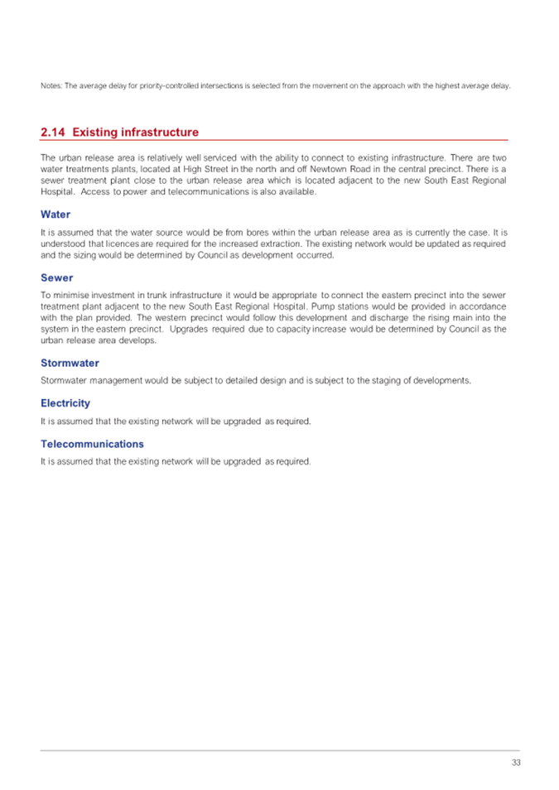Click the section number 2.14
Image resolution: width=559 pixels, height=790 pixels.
point(53,132)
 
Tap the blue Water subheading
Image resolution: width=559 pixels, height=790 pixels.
point(55,214)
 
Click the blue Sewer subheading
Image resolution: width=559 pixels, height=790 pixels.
point(57,278)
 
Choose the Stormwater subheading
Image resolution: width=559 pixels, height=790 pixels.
point(70,363)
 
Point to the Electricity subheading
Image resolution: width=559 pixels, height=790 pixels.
point(65,403)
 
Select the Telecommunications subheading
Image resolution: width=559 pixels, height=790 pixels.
point(92,444)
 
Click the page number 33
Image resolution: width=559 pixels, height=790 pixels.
point(516,763)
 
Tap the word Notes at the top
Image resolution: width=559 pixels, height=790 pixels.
point(51,86)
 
